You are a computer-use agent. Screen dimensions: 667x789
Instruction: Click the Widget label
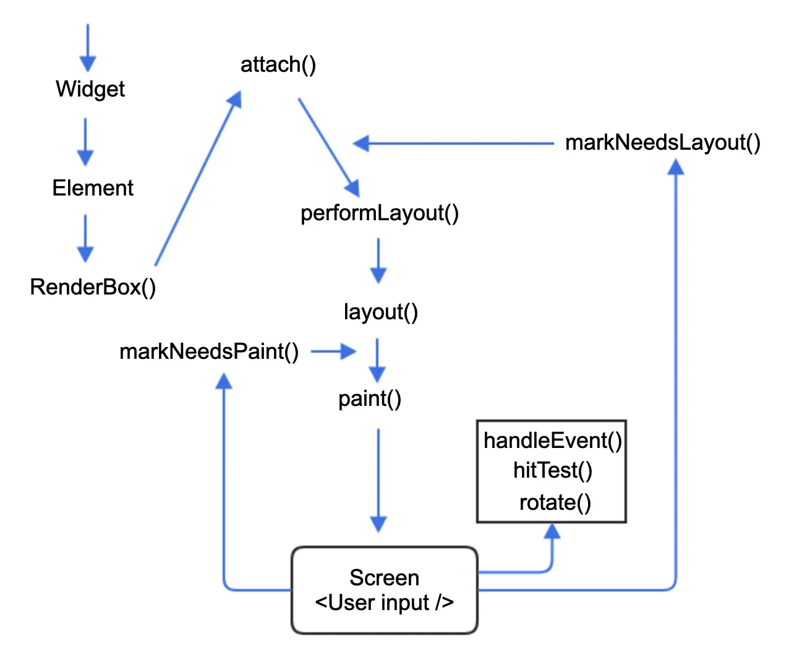click(x=90, y=89)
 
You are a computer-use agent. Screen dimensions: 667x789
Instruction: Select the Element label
click(x=93, y=188)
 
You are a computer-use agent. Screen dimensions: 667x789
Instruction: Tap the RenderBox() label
click(x=93, y=287)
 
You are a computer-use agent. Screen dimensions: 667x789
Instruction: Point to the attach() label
click(x=278, y=64)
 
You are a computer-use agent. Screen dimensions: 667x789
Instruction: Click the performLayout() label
click(x=379, y=213)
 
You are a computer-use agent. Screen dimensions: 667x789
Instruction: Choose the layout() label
click(x=380, y=312)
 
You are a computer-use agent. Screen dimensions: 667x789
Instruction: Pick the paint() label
click(x=370, y=398)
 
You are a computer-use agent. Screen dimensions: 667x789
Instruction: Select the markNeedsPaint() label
click(x=209, y=351)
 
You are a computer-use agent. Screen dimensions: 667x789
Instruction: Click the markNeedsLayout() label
click(x=663, y=143)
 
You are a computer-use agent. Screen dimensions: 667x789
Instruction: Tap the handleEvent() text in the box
click(x=552, y=441)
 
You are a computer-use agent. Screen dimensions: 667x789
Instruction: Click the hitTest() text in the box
click(x=552, y=471)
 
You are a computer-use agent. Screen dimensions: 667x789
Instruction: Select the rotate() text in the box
click(x=555, y=502)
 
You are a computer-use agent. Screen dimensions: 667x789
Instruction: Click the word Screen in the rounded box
click(x=384, y=577)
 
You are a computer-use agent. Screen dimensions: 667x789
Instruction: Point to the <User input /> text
click(x=384, y=603)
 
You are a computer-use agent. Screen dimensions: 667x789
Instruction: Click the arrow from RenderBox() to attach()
click(x=197, y=179)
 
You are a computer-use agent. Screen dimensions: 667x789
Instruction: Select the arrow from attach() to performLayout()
click(x=328, y=146)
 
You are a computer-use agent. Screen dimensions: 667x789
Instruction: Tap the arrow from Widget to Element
click(x=85, y=142)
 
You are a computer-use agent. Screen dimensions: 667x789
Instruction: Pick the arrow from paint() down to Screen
click(x=378, y=480)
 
